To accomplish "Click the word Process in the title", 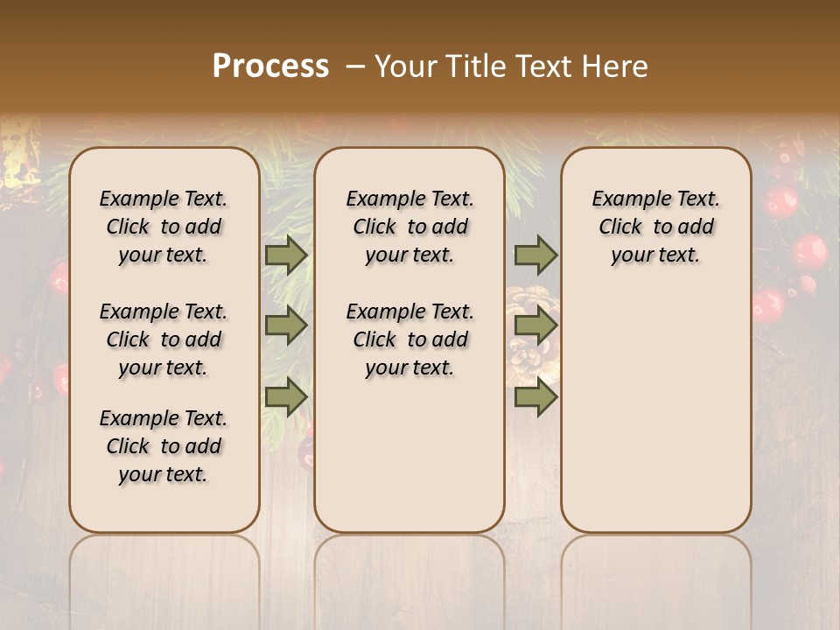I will (x=270, y=66).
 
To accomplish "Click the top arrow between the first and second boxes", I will (x=286, y=255).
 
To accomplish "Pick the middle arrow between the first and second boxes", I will (x=286, y=326).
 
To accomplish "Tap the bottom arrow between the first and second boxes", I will (x=286, y=397).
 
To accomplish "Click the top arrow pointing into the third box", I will (x=535, y=255).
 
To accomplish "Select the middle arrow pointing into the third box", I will (x=535, y=326).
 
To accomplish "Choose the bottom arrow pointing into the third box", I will (x=535, y=397).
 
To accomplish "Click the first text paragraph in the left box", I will (x=164, y=227).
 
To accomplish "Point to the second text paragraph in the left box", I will (x=164, y=339).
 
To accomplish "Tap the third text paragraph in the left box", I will (x=164, y=446).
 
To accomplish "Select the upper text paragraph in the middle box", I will (x=409, y=227).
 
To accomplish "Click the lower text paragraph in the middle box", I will (x=409, y=339).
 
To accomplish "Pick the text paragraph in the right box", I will (x=655, y=227).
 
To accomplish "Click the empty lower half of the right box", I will (x=655, y=420).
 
